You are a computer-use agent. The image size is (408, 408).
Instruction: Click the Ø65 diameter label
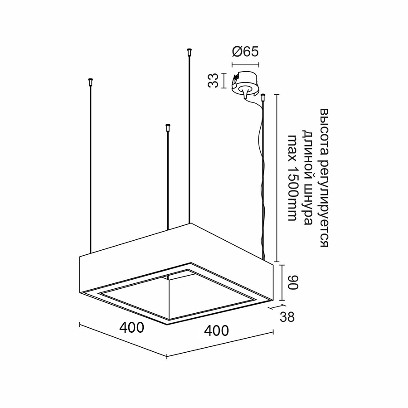coord(245,52)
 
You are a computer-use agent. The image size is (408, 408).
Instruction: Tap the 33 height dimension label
coord(213,81)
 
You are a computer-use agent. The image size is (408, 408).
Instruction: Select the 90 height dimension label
coord(293,282)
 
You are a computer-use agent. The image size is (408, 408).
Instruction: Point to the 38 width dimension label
coord(287,317)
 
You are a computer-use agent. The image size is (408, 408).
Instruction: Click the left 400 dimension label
coord(131,328)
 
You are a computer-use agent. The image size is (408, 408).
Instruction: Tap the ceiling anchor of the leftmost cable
coord(91,82)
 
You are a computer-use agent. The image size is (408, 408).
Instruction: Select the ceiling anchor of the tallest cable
coord(189,52)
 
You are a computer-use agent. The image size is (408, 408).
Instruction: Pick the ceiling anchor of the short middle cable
coord(168,128)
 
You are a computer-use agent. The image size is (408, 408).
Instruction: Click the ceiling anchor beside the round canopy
coord(263,97)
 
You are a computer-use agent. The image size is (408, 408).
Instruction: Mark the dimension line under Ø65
coord(245,64)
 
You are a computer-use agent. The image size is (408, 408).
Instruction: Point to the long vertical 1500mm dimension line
coord(277,178)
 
